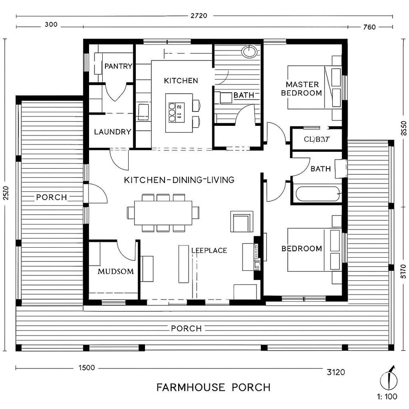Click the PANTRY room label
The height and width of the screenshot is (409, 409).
[x=118, y=66]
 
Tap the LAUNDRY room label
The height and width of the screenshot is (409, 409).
[x=113, y=132]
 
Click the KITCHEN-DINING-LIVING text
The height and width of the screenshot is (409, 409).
[x=179, y=180]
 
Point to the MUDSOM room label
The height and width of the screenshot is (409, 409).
[x=115, y=272]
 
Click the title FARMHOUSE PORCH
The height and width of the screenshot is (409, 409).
[x=213, y=388]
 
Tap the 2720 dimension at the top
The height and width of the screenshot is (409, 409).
[x=198, y=15]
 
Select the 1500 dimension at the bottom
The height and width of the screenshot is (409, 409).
[x=86, y=368]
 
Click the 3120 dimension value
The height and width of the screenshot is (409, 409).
[x=336, y=372]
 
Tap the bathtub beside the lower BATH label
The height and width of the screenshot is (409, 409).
[x=317, y=194]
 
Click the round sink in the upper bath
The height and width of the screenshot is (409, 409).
[x=249, y=51]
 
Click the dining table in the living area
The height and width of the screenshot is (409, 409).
[x=164, y=212]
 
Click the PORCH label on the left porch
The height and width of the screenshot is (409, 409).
[x=51, y=197]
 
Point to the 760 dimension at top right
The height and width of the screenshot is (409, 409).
[x=369, y=27]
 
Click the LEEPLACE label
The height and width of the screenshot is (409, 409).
[x=209, y=250]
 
